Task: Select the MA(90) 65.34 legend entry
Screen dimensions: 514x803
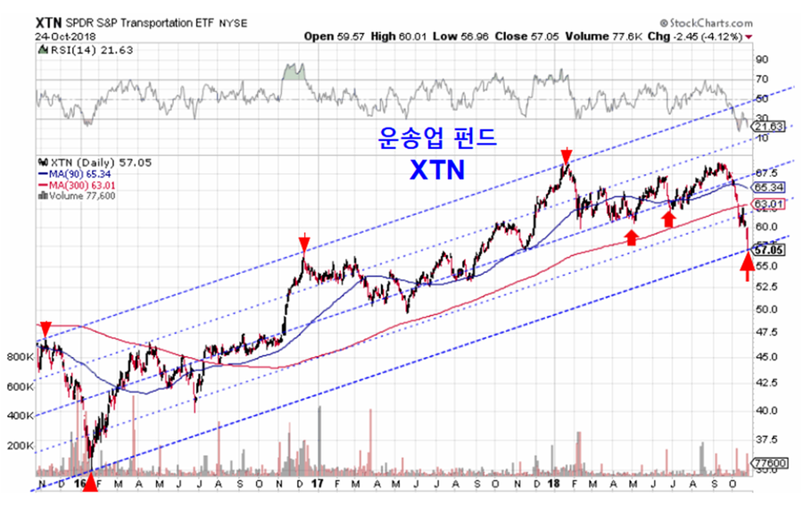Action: point(81,174)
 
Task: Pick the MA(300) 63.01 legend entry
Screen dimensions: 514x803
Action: point(84,185)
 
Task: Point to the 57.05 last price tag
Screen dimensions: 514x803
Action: point(768,252)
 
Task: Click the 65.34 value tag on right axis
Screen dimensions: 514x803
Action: point(768,188)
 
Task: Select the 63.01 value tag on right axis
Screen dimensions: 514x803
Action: point(768,205)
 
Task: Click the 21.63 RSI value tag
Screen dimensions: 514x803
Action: point(766,128)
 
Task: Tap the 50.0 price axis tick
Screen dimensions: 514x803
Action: point(765,310)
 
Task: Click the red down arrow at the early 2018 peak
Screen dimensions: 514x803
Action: point(565,156)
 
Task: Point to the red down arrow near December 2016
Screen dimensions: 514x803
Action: point(304,242)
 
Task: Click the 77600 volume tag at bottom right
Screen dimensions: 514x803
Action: point(768,465)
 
